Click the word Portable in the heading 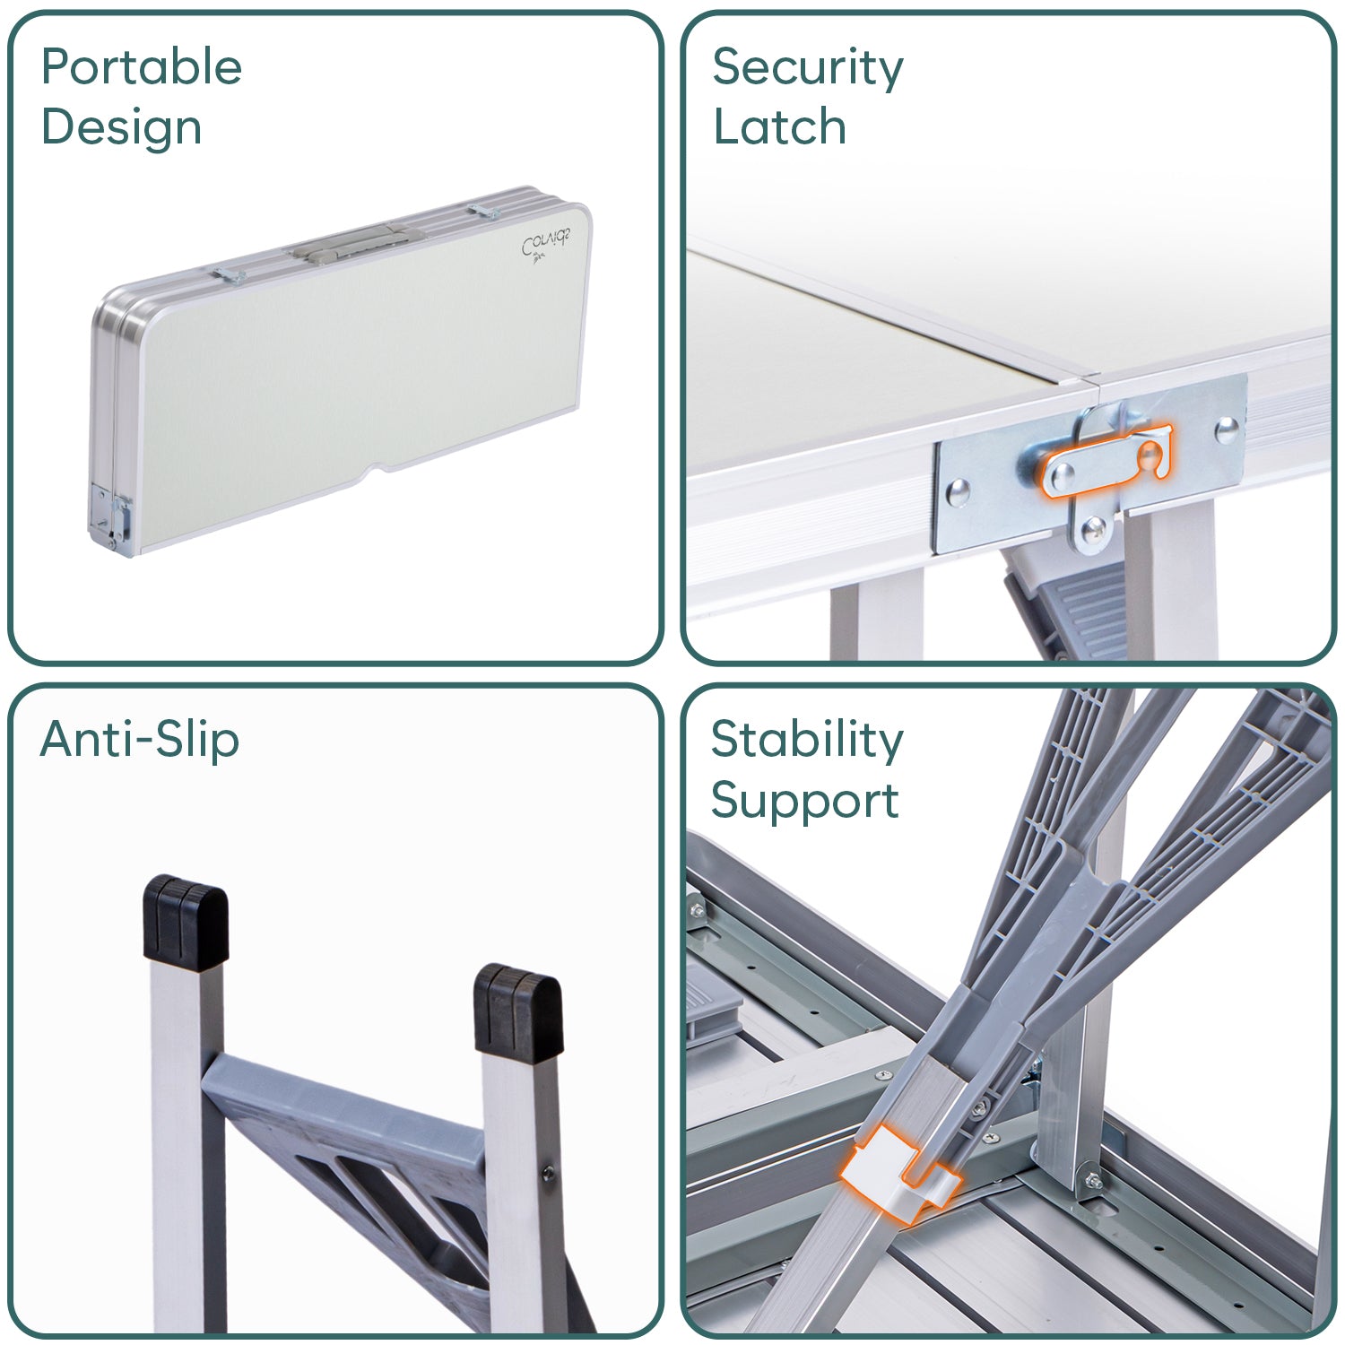tap(142, 67)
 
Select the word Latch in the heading tap(779, 127)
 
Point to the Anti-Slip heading tap(140, 741)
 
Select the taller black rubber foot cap tap(186, 924)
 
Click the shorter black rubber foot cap tap(518, 1013)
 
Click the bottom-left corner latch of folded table tap(110, 518)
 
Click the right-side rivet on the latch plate tap(1226, 430)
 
